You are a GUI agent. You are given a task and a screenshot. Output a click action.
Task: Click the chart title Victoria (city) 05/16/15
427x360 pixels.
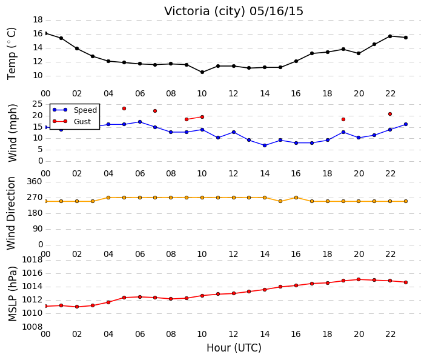[x=233, y=12]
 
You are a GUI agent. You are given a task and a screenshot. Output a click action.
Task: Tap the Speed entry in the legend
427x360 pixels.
[x=74, y=110]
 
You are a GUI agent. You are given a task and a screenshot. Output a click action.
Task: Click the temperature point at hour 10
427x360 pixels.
[x=202, y=72]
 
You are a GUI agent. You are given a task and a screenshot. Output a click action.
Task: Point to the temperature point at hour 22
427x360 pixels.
[x=390, y=36]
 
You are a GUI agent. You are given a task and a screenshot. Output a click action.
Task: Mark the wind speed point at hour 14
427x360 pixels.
[x=265, y=145]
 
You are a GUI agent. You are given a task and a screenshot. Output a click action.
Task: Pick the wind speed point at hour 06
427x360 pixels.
[x=140, y=122]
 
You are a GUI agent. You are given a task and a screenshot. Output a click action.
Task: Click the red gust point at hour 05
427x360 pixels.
[x=124, y=108]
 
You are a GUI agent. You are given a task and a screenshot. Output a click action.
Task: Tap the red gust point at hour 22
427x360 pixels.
[x=390, y=114]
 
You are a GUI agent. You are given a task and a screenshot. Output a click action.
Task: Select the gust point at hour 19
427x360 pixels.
[x=343, y=119]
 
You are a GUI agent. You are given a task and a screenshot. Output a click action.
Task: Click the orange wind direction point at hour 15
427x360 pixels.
[x=280, y=201]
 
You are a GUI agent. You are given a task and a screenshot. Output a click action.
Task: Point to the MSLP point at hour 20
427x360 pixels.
[x=359, y=279]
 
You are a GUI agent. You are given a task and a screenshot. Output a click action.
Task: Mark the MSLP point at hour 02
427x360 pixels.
[x=77, y=307]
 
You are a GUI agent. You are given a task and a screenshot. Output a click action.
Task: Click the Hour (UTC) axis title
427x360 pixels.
[x=234, y=348]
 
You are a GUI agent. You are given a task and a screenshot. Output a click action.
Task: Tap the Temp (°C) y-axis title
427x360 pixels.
[x=12, y=54]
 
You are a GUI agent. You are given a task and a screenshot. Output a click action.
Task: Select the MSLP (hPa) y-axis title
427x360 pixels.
[x=12, y=294]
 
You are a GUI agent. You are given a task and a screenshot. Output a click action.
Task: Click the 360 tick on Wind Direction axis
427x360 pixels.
[x=35, y=182]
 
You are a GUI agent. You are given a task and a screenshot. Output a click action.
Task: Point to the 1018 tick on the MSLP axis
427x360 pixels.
[x=32, y=260]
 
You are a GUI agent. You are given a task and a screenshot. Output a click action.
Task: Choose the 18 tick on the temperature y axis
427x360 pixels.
[x=38, y=19]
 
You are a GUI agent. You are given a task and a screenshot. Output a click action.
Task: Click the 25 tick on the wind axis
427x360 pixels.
[x=38, y=104]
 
